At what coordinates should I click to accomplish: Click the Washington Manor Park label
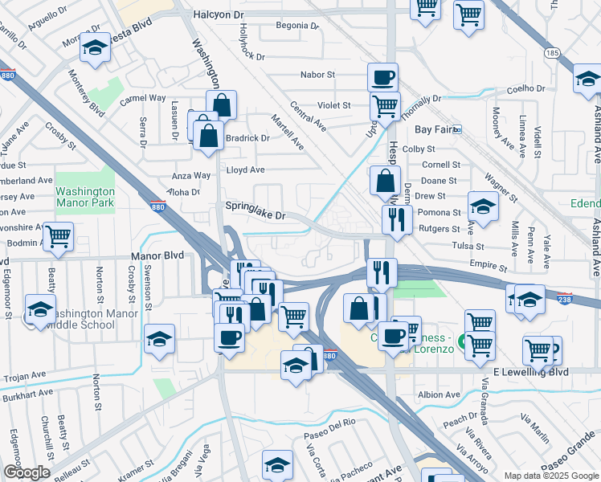click(84, 197)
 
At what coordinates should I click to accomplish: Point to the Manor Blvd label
click(157, 255)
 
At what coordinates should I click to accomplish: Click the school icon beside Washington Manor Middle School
click(41, 309)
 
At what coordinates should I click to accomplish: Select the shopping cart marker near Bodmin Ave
click(59, 236)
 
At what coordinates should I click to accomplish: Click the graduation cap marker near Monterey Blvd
click(95, 48)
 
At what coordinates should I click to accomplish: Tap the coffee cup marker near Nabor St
click(383, 77)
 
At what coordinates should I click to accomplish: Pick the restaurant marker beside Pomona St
click(397, 219)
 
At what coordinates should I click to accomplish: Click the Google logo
click(27, 472)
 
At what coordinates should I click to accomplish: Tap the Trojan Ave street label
click(24, 376)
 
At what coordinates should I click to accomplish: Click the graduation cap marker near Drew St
click(483, 207)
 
